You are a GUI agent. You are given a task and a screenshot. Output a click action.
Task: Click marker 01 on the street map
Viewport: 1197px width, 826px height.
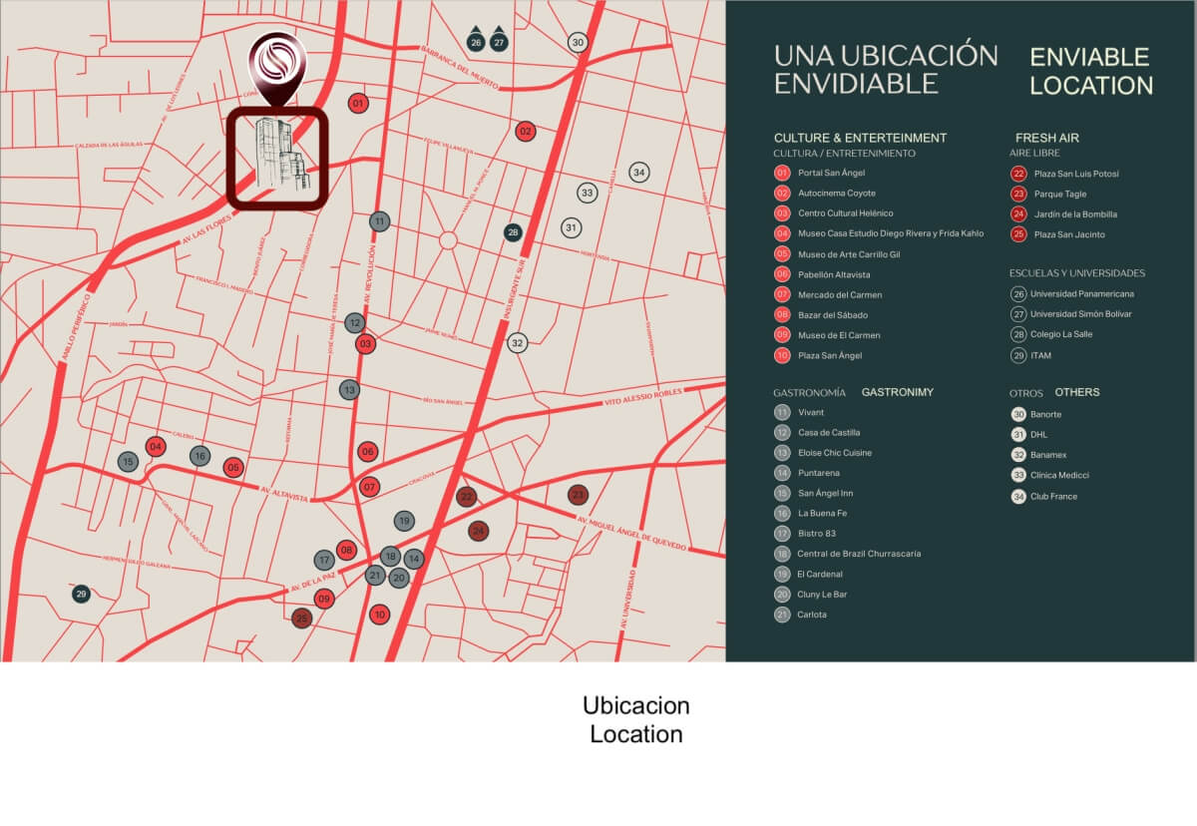(358, 103)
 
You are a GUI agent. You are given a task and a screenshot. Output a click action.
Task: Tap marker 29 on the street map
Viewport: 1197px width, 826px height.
(82, 594)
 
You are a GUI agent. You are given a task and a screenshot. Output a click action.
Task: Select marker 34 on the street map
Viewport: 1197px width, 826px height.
(639, 173)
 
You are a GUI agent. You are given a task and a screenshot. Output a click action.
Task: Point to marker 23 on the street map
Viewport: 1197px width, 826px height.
(578, 495)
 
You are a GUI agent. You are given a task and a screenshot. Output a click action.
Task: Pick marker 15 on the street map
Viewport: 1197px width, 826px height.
(128, 462)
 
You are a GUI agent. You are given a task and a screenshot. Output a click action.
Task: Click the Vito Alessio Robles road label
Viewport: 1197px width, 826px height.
(642, 398)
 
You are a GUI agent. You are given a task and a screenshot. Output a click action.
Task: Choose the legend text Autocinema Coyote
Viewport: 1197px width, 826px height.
(837, 193)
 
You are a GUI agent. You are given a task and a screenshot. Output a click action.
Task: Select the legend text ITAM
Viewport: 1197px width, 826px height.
(1040, 355)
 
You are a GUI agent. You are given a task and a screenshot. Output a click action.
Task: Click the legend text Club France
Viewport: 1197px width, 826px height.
(1053, 496)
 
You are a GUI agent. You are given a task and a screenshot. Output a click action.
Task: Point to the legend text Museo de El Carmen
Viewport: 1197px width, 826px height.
(839, 335)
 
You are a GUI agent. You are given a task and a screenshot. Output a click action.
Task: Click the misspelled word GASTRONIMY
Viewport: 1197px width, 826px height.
(897, 392)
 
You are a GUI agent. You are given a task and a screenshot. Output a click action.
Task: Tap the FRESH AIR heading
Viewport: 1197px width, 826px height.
(1047, 138)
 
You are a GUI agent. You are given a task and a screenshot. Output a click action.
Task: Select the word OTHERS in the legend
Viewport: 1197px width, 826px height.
(1077, 392)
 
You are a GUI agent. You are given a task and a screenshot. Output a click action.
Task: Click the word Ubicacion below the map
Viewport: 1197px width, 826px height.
(635, 705)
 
